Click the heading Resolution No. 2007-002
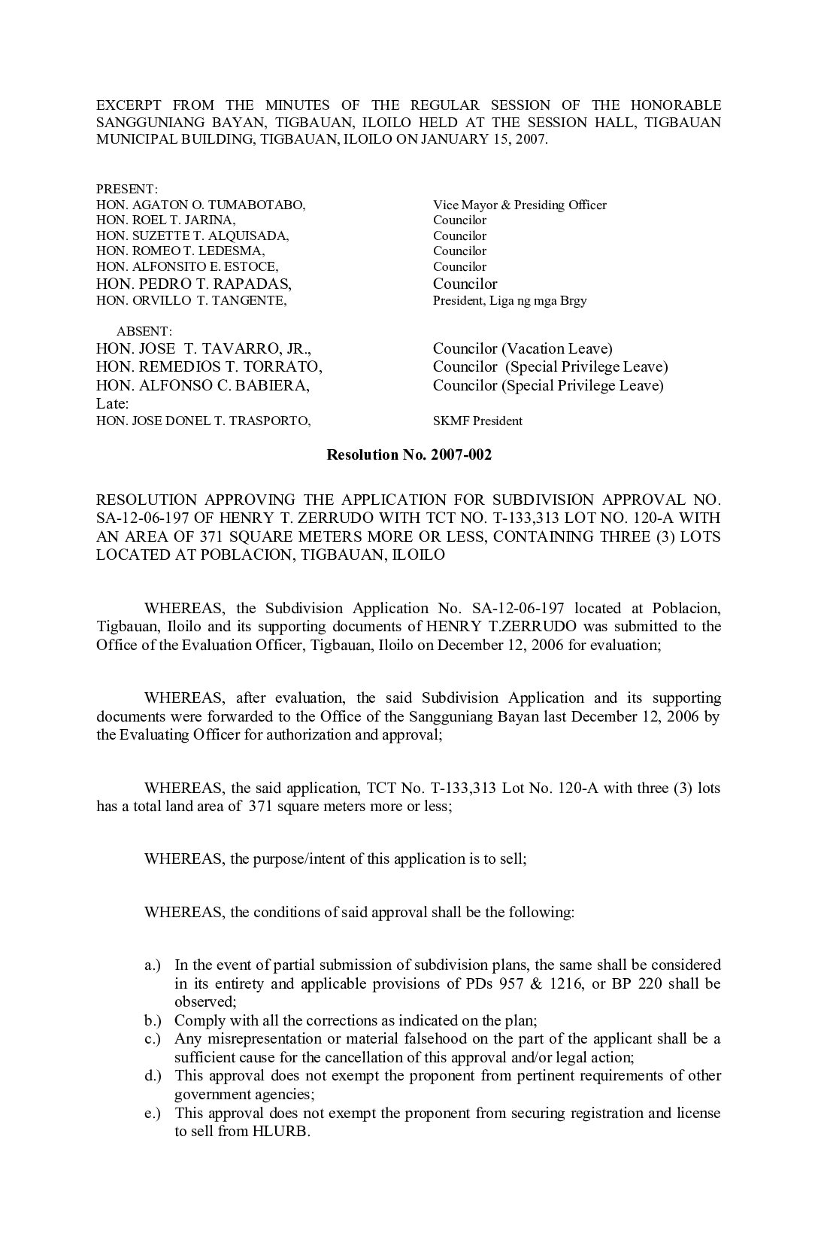[x=408, y=454]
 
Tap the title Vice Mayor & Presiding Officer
[x=520, y=205]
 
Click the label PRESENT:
[x=126, y=189]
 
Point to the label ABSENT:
[x=144, y=331]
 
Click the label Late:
[x=113, y=404]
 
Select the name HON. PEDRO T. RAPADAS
[x=194, y=284]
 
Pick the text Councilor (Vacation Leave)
[x=523, y=348]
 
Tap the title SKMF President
[x=477, y=421]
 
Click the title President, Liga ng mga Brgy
[x=510, y=300]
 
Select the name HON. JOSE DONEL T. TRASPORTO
[x=203, y=421]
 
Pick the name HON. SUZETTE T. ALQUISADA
[x=192, y=236]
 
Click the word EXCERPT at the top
[x=129, y=105]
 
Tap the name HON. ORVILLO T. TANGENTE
[x=192, y=300]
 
